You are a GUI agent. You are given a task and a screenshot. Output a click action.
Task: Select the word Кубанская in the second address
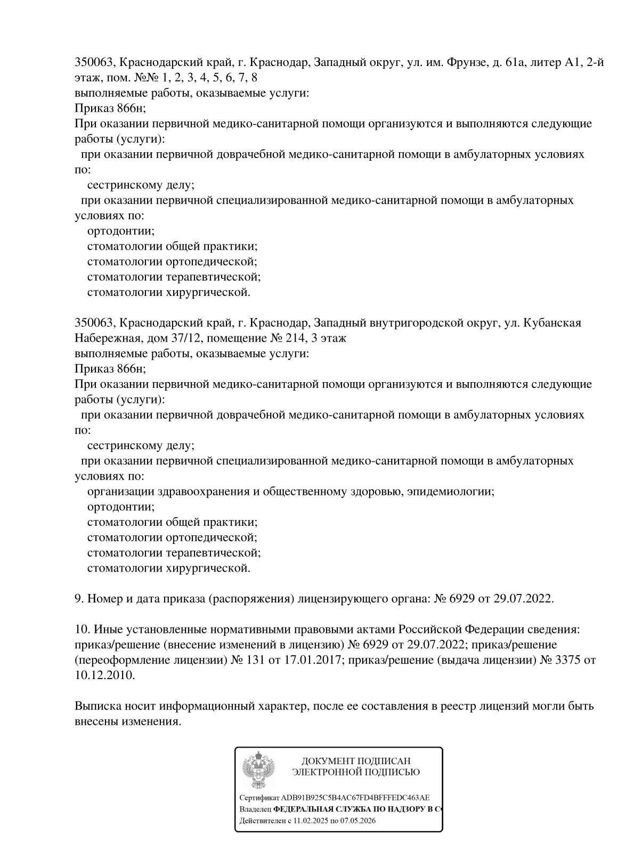552,323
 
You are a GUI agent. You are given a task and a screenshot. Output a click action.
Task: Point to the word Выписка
96,707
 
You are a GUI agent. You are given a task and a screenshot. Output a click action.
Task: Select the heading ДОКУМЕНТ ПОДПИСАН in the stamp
356,762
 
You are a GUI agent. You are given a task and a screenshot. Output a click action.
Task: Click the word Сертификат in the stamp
255,798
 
